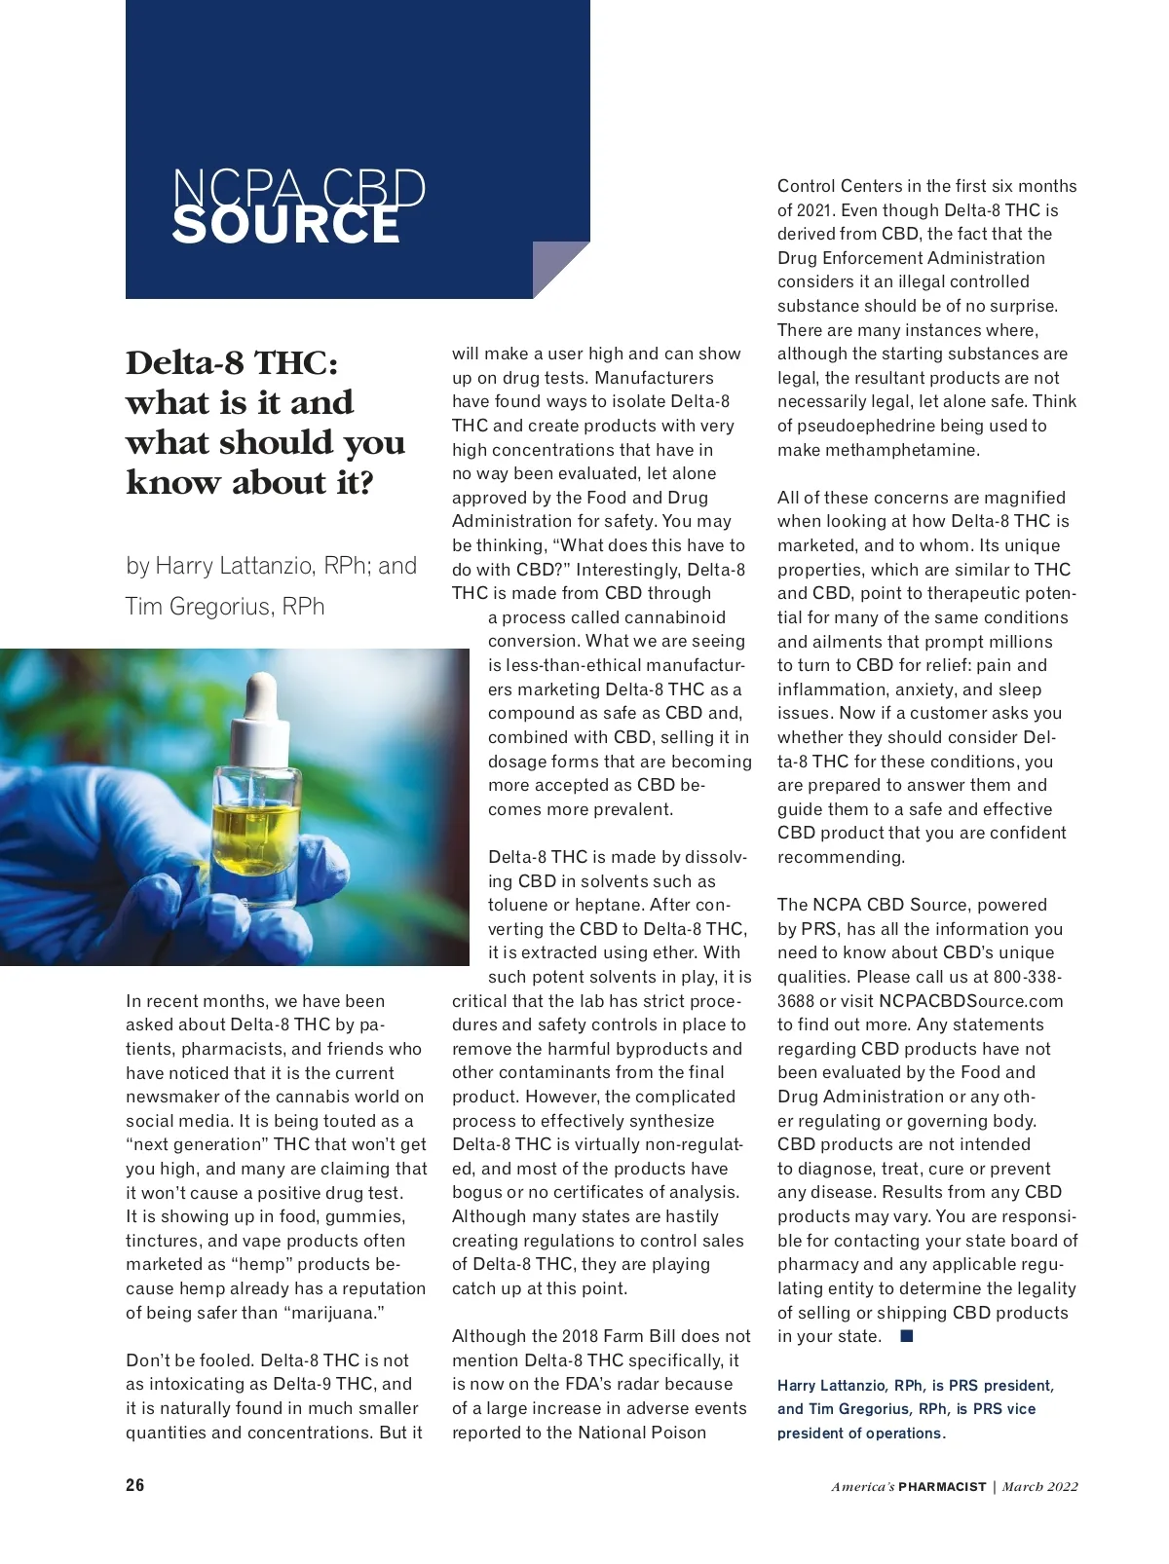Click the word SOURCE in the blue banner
285,225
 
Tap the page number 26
135,1485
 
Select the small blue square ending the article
907,1336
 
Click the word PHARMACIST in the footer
942,1487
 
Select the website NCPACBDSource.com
970,1001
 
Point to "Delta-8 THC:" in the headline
232,362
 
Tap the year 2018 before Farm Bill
581,1336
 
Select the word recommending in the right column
841,857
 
